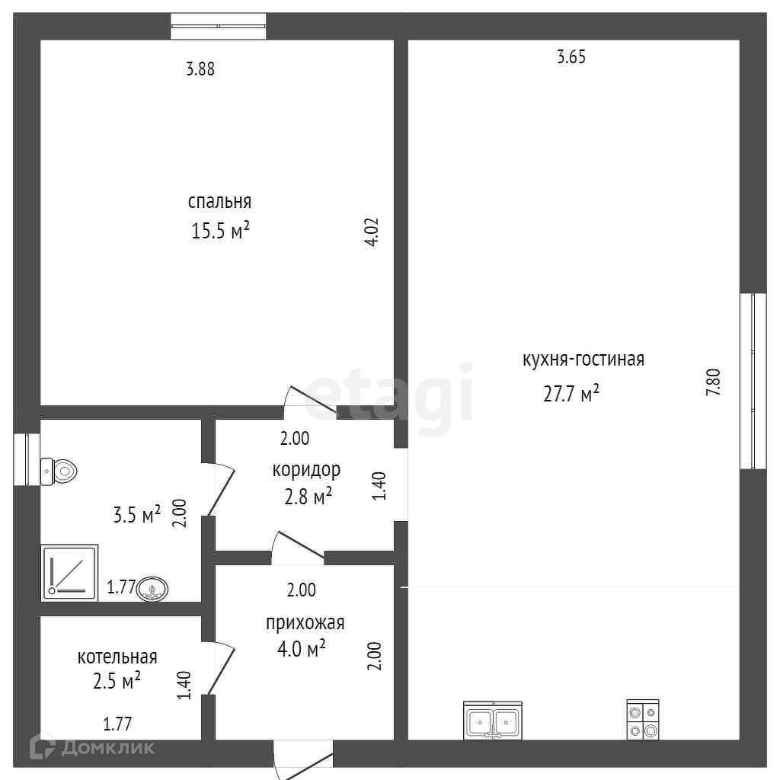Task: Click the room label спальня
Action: (219, 202)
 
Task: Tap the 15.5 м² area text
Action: (220, 230)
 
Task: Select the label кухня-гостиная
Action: (583, 360)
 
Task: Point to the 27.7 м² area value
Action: (571, 394)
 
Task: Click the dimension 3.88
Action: (200, 69)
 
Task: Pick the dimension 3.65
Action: (571, 56)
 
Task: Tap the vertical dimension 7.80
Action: (713, 382)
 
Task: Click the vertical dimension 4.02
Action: (372, 232)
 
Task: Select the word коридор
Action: (306, 469)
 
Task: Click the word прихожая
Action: (305, 623)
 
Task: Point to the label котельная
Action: (117, 657)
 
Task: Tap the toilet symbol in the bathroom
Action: (59, 471)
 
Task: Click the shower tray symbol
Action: (69, 573)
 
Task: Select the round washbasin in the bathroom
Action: (152, 590)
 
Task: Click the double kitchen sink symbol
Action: (493, 721)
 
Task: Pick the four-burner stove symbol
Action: (643, 719)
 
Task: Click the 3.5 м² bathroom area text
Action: (137, 515)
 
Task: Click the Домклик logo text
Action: (107, 748)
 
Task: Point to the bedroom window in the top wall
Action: (219, 27)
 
